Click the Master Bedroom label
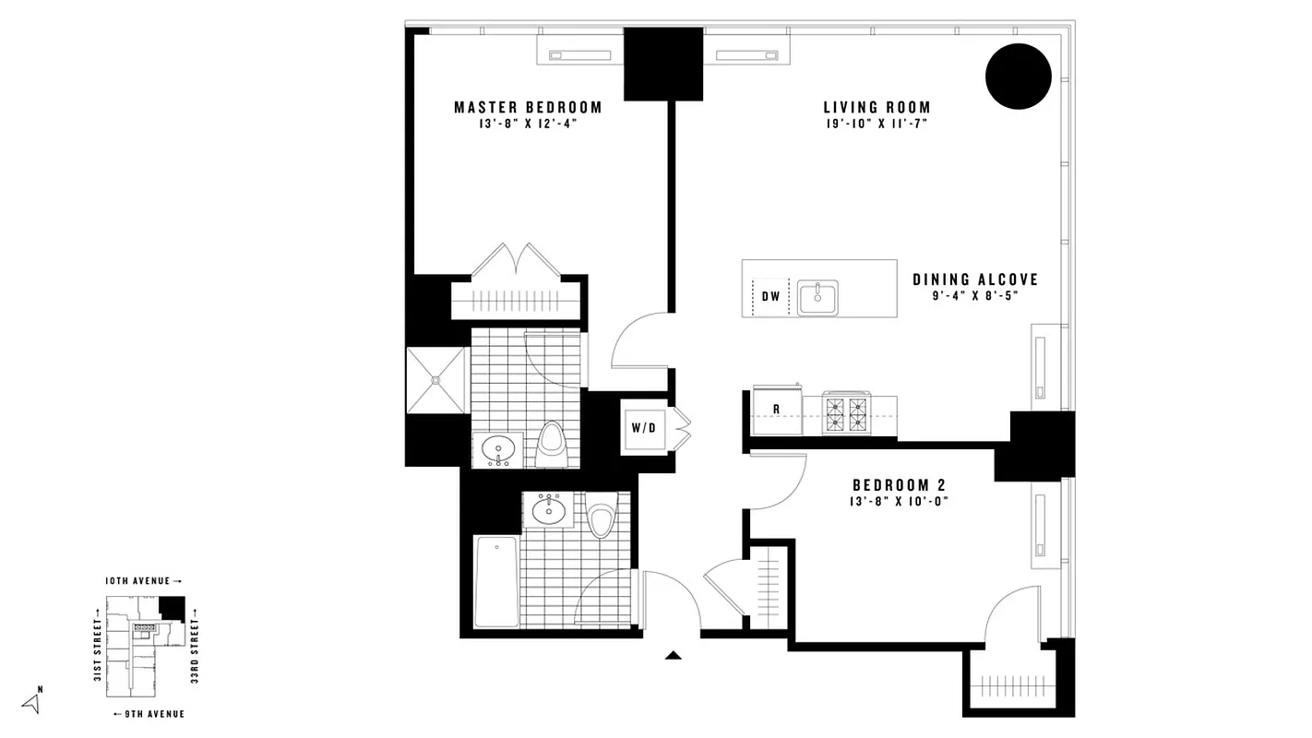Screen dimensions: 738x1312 tap(528, 108)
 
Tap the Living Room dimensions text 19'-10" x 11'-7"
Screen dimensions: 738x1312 tap(877, 124)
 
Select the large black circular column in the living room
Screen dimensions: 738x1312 tap(1019, 77)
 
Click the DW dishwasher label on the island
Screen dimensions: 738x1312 tap(771, 297)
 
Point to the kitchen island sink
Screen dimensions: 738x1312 tap(818, 298)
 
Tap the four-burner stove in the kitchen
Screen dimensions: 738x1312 tap(847, 411)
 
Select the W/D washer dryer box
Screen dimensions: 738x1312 tap(643, 427)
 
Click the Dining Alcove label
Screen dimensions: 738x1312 tap(975, 280)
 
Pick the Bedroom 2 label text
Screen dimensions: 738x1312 tap(899, 485)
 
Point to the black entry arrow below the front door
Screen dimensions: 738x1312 tap(674, 656)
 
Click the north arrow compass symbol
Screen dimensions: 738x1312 tap(32, 703)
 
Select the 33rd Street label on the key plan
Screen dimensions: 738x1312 tap(195, 651)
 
